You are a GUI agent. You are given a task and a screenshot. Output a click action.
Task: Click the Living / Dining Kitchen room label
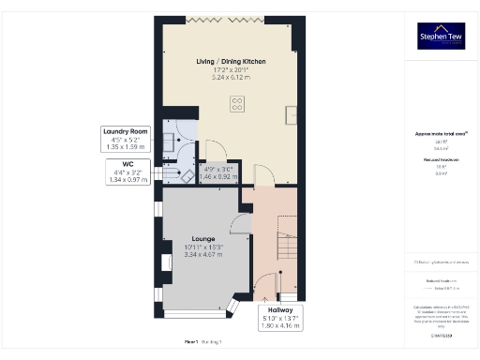click(231, 61)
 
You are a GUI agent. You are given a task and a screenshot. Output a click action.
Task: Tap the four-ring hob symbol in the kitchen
click(238, 103)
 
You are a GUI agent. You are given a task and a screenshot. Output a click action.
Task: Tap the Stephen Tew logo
click(441, 36)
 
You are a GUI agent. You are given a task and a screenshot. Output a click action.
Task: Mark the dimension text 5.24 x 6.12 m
click(231, 77)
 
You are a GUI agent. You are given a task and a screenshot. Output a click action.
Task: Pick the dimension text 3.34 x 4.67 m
click(202, 254)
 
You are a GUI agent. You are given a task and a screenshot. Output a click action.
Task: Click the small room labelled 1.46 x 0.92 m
click(218, 172)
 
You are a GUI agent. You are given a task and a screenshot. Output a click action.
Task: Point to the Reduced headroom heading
click(440, 160)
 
